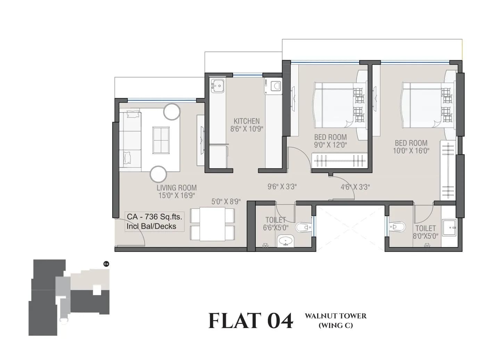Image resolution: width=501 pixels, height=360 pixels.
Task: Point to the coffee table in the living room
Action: pyautogui.click(x=162, y=140)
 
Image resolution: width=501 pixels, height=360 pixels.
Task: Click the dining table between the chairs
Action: pyautogui.click(x=212, y=224)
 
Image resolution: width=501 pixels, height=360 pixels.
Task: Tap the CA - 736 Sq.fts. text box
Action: pyautogui.click(x=154, y=221)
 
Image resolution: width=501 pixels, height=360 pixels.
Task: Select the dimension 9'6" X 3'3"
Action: pyautogui.click(x=282, y=187)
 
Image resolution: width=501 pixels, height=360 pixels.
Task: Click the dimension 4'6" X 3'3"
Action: pyautogui.click(x=355, y=187)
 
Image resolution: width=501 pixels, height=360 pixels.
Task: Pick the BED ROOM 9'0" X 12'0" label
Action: pyautogui.click(x=330, y=141)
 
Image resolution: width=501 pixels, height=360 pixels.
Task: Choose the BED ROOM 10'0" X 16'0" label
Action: pyautogui.click(x=411, y=147)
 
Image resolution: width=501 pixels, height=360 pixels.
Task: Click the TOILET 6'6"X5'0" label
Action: pyautogui.click(x=276, y=223)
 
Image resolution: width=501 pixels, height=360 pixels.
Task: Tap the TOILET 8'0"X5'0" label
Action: pyautogui.click(x=425, y=231)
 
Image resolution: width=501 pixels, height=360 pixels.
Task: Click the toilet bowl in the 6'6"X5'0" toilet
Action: pyautogui.click(x=303, y=228)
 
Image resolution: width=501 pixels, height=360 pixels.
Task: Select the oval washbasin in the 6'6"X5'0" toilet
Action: pyautogui.click(x=286, y=240)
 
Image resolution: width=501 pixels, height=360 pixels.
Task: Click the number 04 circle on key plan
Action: pyautogui.click(x=106, y=264)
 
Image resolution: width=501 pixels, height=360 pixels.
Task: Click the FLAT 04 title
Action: pyautogui.click(x=250, y=321)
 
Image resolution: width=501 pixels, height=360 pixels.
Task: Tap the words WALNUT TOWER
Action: pyautogui.click(x=336, y=316)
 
